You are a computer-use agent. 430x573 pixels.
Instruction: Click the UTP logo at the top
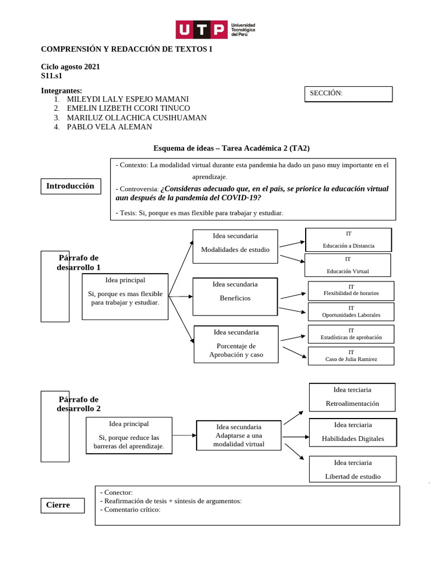(215, 29)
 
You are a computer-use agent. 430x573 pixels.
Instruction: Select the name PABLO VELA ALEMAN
(109, 127)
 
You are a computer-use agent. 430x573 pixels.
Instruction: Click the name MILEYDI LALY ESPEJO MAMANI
(128, 99)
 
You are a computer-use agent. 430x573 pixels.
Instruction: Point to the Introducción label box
(71, 186)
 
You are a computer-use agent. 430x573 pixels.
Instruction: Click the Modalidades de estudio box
(235, 246)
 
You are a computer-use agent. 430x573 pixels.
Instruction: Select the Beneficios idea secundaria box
(235, 297)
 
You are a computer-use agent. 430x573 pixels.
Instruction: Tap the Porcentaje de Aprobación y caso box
(236, 344)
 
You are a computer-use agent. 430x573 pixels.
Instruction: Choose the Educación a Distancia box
(348, 239)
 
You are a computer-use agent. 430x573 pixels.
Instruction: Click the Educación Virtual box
(348, 265)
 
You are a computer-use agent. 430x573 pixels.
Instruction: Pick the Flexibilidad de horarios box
(351, 290)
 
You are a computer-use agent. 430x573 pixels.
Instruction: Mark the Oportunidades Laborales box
(351, 312)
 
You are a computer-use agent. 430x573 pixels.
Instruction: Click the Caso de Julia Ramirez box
(351, 356)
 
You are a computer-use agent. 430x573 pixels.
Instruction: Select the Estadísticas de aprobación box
(351, 334)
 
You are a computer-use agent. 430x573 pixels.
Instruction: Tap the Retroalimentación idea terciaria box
(352, 397)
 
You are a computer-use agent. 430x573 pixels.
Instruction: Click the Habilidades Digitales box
(353, 433)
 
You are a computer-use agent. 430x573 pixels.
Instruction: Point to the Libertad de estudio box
(353, 469)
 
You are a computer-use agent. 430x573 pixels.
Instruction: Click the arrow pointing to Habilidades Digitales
(296, 436)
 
